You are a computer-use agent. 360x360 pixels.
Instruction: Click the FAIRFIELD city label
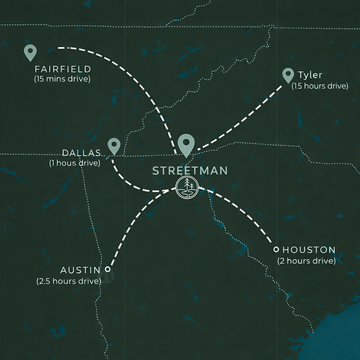point(62,69)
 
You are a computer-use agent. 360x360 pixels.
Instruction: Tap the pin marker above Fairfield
point(30,52)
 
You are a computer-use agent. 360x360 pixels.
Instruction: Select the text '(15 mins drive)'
point(62,78)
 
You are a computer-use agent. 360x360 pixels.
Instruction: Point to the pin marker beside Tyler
point(287,75)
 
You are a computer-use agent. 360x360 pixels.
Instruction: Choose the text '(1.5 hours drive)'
point(319,86)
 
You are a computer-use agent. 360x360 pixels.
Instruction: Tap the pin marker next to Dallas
point(114,145)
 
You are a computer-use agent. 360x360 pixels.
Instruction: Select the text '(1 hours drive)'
point(74,163)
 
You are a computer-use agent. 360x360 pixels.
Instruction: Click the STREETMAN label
point(190,171)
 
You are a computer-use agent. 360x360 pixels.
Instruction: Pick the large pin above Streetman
point(187,145)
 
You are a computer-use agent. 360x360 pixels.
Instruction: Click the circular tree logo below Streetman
point(188,188)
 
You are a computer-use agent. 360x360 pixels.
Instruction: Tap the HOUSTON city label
point(308,250)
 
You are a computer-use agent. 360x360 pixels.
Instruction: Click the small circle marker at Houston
point(276,249)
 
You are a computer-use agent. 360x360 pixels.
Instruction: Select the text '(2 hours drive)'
point(306,260)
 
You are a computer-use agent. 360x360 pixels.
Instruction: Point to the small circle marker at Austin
point(109,268)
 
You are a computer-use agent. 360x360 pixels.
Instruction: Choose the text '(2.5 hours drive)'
point(69,280)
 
